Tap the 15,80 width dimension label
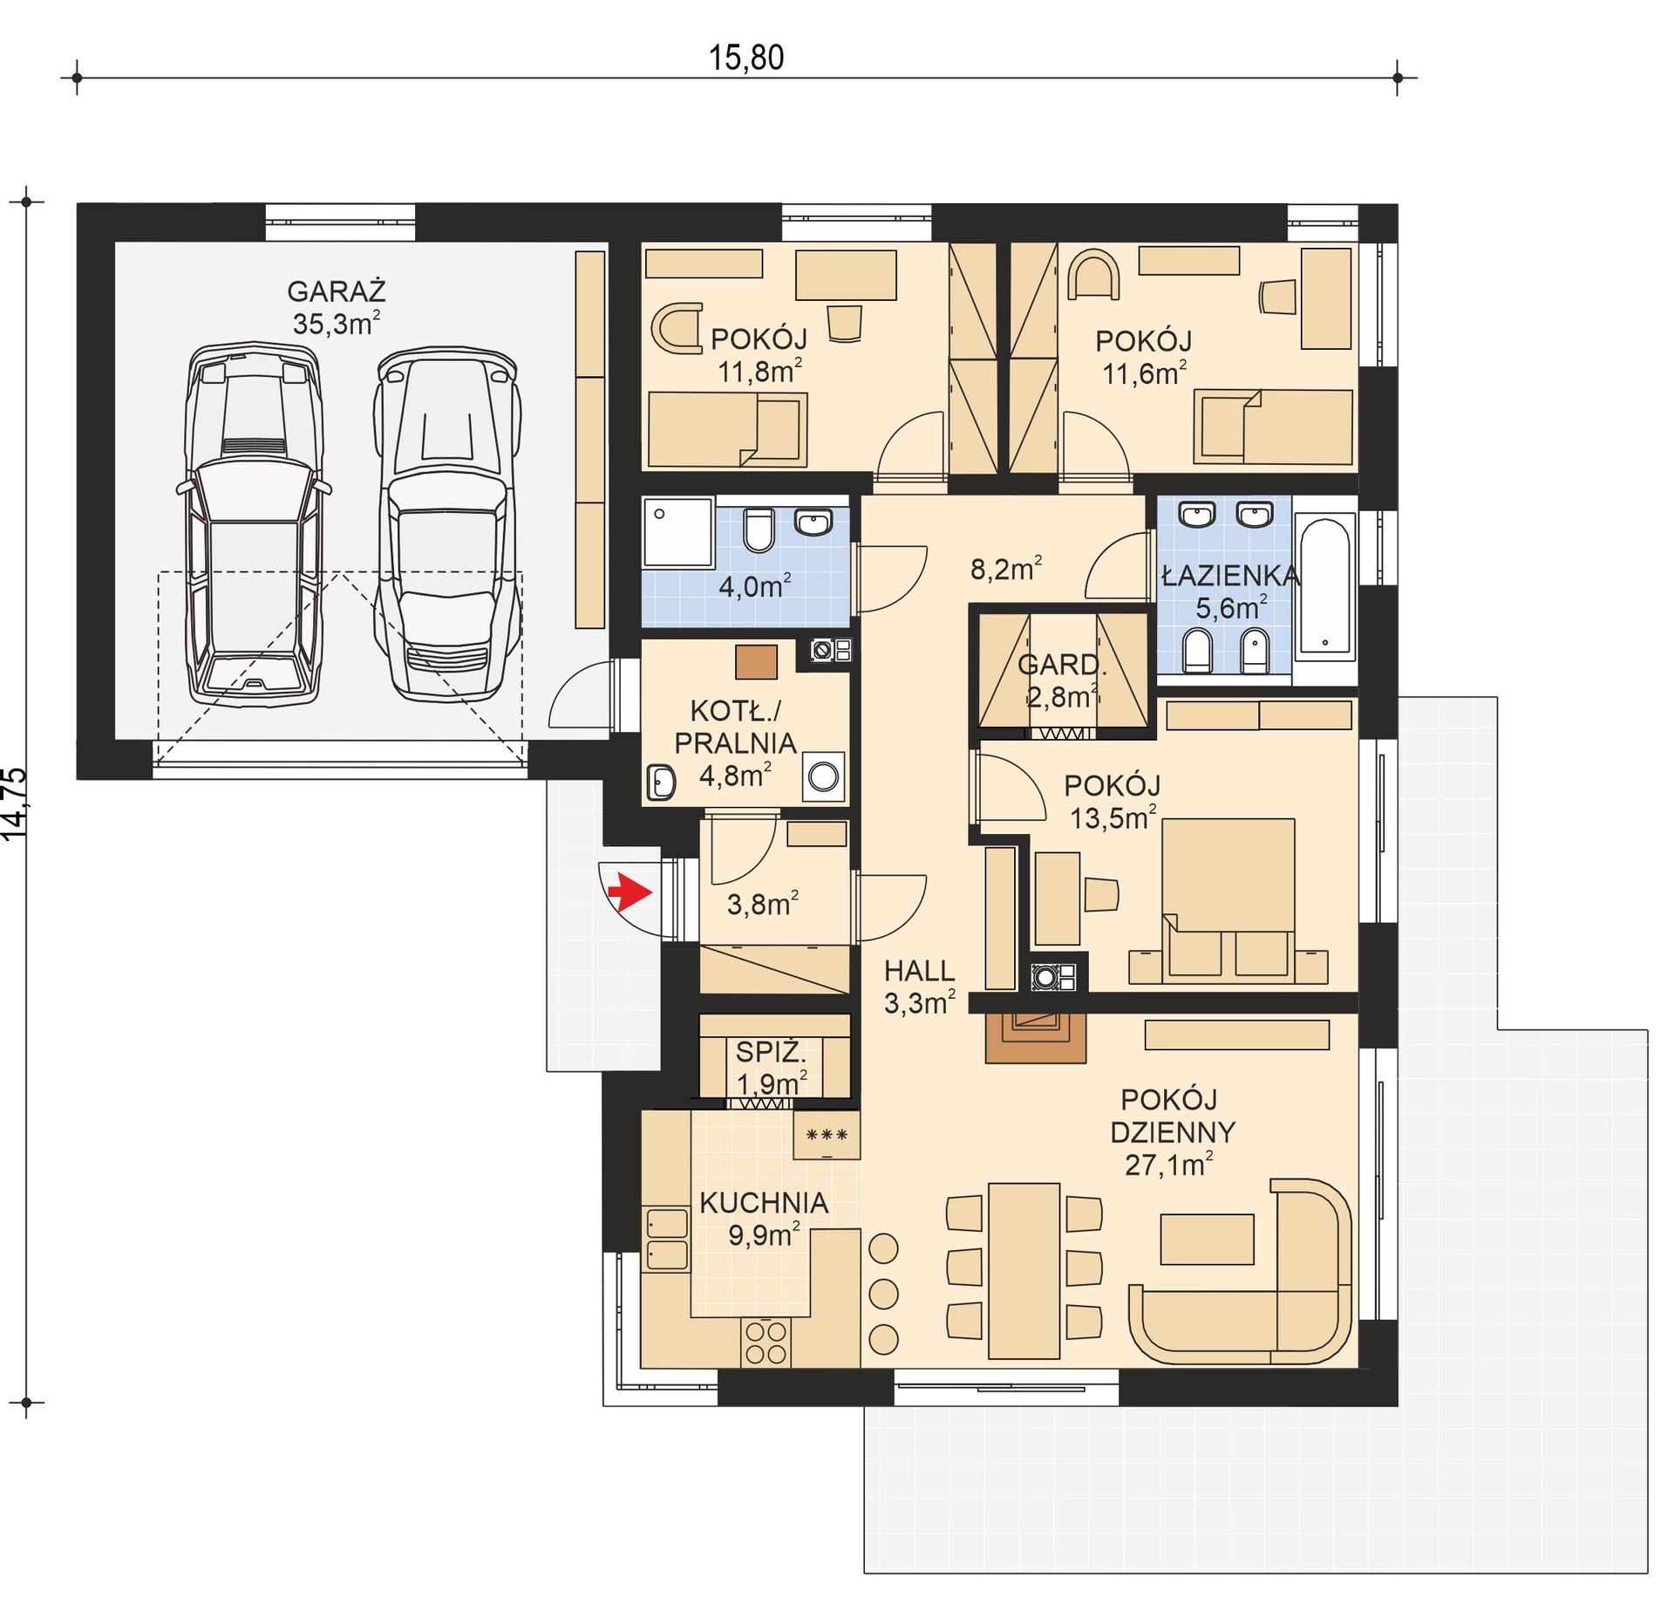coord(745,58)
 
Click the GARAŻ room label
coord(336,290)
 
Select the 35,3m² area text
coord(336,325)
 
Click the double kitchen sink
coord(666,1240)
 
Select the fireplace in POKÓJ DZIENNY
coord(1035,1036)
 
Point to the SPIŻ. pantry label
coord(771,1052)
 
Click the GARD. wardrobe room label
coord(1062,666)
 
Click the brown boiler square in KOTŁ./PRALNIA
coord(756,662)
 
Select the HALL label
coord(919,971)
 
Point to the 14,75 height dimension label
coord(16,803)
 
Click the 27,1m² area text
coord(1168,1165)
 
